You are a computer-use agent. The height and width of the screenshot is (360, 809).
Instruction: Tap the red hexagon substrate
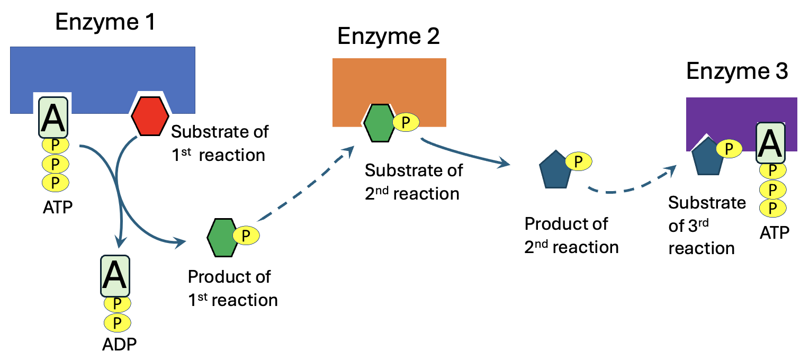[x=150, y=116]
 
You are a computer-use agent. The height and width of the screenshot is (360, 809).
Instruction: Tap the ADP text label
[x=119, y=344]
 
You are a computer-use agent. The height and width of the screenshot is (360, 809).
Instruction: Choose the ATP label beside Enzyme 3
[x=774, y=232]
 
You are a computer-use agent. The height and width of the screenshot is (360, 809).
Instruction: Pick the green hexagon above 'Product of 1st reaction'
[x=221, y=238]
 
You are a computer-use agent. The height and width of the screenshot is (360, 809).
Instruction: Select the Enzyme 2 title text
[x=389, y=37]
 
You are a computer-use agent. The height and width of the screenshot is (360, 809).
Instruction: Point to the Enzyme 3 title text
[x=737, y=71]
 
